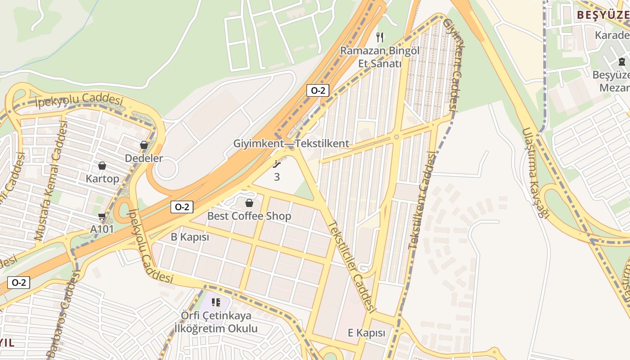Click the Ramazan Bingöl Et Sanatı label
(379, 57)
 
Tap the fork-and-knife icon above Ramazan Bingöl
(380, 37)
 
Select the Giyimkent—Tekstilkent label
(291, 144)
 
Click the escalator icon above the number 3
(277, 164)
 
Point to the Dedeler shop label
(144, 158)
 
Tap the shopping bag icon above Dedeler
(144, 145)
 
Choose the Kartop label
(103, 179)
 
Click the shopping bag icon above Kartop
(102, 166)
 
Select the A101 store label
(102, 229)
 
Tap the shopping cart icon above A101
(102, 216)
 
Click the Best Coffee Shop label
(249, 216)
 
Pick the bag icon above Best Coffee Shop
(249, 203)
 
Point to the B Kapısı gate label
(190, 237)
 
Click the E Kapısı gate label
(367, 333)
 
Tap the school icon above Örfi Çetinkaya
(216, 302)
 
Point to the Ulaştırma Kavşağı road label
(536, 173)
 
